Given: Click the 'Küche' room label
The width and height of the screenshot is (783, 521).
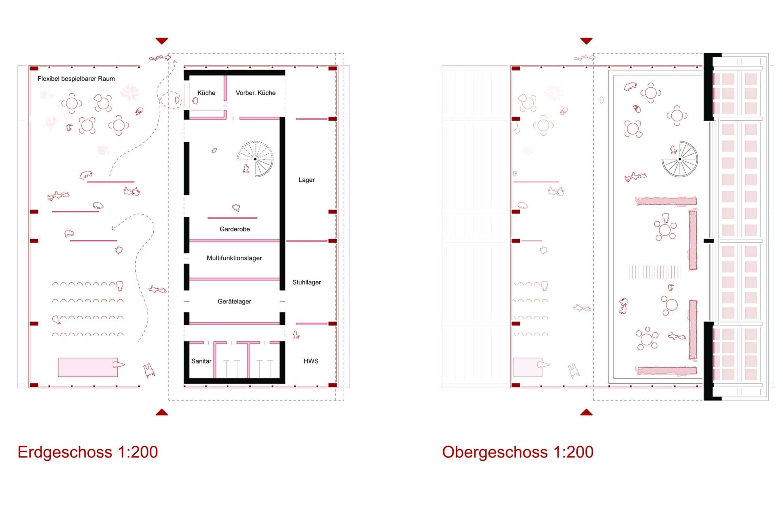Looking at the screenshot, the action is point(206,93).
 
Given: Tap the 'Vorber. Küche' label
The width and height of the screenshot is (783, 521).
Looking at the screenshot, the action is point(255,93).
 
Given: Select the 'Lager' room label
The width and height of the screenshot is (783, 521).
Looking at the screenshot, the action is point(306,180).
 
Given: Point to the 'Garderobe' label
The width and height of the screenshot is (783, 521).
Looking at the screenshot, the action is point(235,229).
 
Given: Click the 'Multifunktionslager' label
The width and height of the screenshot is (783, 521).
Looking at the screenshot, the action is point(234,258).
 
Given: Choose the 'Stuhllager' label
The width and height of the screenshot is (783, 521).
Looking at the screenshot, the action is point(307,282).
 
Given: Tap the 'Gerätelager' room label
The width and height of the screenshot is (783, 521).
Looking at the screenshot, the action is point(234,302).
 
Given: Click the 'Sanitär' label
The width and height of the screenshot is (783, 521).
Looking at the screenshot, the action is point(201,361).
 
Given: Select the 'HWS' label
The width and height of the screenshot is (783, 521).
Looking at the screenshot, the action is point(311,361).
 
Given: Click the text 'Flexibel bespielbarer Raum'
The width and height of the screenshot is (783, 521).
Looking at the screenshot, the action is point(76,79).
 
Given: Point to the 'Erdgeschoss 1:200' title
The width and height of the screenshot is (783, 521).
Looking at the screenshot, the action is point(88,452).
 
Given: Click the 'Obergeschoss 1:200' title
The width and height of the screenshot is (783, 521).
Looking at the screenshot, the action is point(518,452).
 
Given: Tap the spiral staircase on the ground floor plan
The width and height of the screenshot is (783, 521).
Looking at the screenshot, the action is point(255,159).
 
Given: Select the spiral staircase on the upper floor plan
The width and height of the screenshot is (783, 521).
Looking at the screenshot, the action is point(680,159).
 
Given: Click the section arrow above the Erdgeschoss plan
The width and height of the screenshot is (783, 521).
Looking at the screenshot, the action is point(162,41).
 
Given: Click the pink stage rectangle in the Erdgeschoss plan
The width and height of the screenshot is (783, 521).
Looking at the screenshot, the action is point(88,367).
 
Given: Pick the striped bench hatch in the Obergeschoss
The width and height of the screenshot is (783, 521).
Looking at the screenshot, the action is point(655,272).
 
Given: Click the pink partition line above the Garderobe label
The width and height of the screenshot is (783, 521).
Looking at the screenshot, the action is point(232,218).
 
